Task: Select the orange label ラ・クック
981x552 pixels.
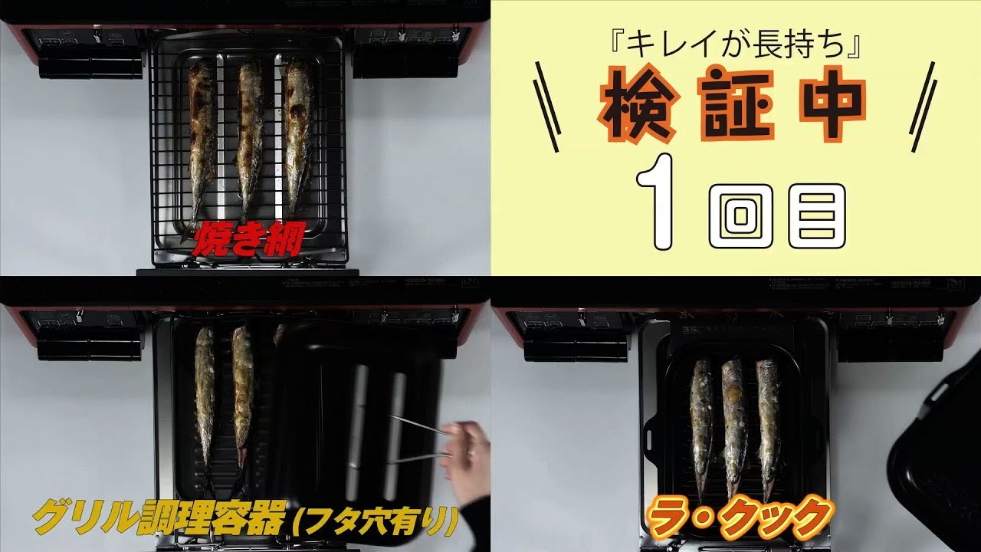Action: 739,517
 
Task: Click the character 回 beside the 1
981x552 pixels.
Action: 739,215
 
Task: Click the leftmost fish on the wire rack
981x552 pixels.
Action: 202,138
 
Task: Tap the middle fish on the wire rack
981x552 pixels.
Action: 250,138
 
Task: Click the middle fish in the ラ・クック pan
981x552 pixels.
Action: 733,422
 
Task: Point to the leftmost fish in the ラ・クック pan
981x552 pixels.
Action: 701,422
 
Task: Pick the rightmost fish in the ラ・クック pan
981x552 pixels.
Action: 768,422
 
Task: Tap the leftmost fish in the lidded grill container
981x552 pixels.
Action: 205,406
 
